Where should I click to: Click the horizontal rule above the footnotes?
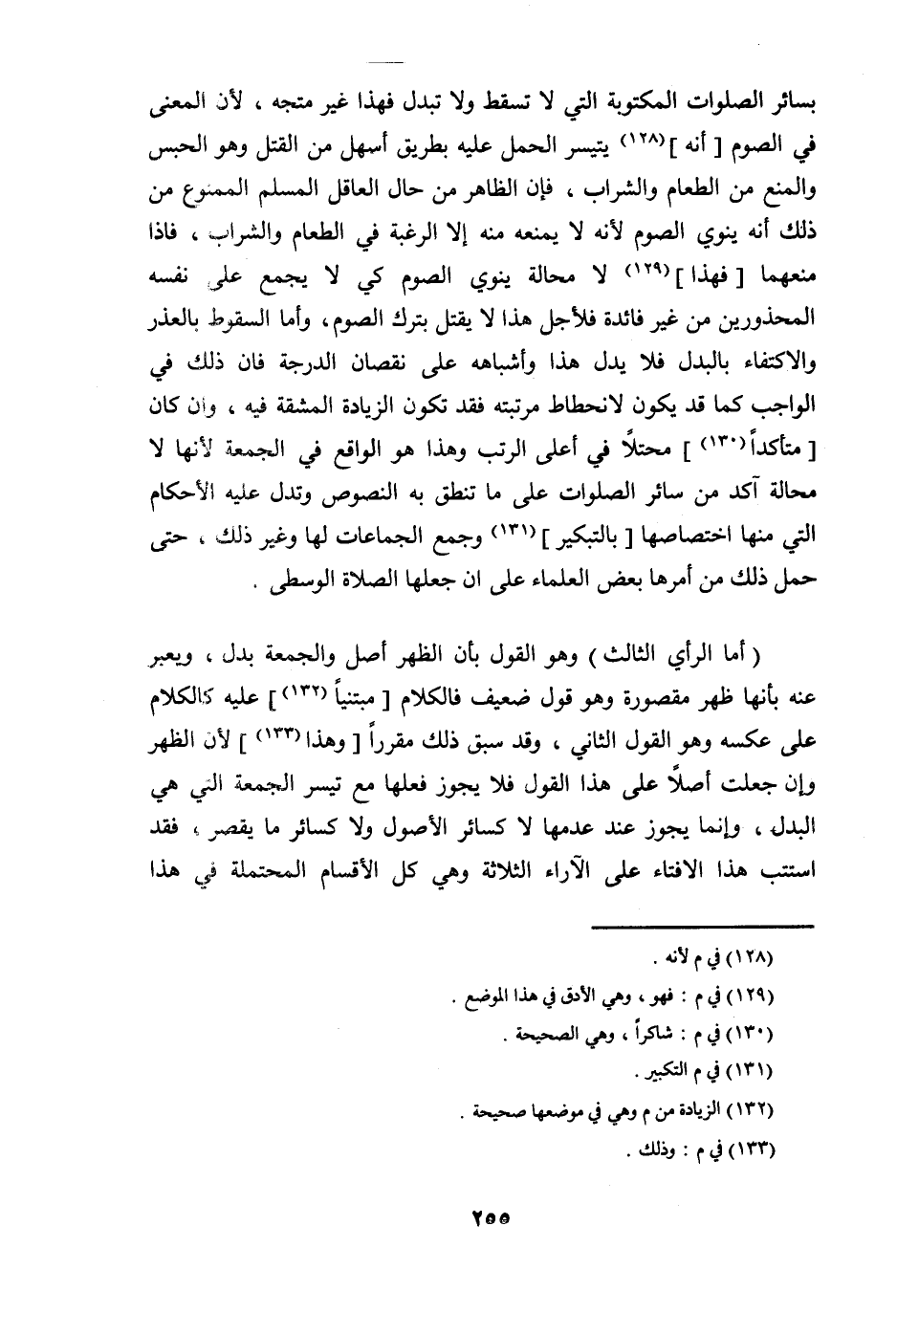point(701,925)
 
